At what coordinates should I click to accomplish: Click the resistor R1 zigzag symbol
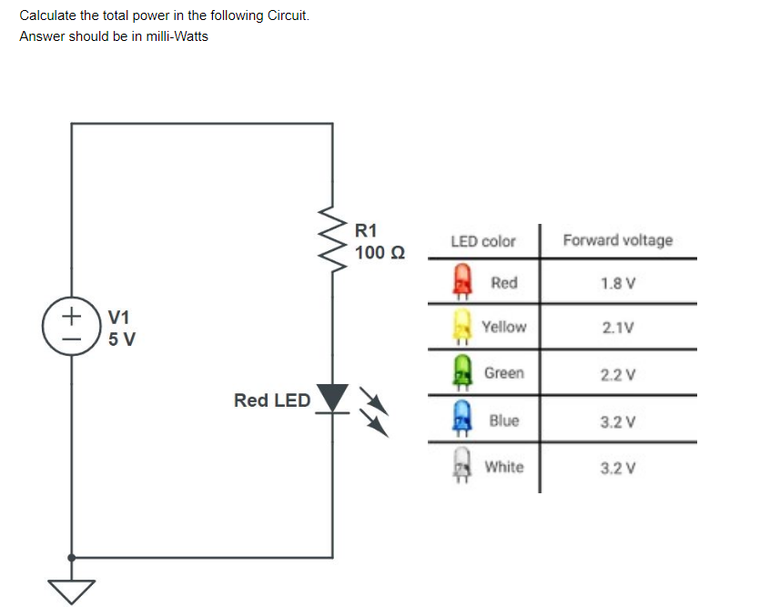point(331,242)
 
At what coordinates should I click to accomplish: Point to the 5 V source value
point(122,340)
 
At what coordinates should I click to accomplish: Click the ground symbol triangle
point(71,590)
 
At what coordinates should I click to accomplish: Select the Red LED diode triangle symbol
point(332,397)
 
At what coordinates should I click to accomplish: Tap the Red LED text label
point(271,400)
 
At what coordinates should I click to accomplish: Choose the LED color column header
point(482,241)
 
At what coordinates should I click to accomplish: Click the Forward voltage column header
point(618,240)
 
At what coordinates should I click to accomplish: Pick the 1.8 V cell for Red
point(618,283)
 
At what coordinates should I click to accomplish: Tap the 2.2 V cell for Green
point(618,374)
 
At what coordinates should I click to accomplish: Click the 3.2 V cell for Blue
point(618,421)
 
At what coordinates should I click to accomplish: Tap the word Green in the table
point(503,373)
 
